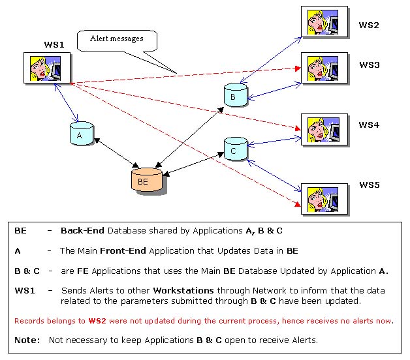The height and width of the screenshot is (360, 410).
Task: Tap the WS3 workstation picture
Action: (320, 68)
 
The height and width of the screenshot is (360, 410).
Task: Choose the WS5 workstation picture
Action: (320, 198)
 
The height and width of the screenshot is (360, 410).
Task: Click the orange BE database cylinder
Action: (144, 180)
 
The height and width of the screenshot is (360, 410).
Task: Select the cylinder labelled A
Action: (80, 134)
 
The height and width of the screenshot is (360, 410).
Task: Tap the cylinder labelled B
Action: (233, 96)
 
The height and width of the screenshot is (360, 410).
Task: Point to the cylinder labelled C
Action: (234, 149)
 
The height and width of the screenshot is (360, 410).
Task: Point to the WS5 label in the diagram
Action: (369, 185)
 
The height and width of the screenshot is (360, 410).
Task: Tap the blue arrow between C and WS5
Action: (274, 173)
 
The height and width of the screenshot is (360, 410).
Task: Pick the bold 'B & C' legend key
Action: (27, 270)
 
